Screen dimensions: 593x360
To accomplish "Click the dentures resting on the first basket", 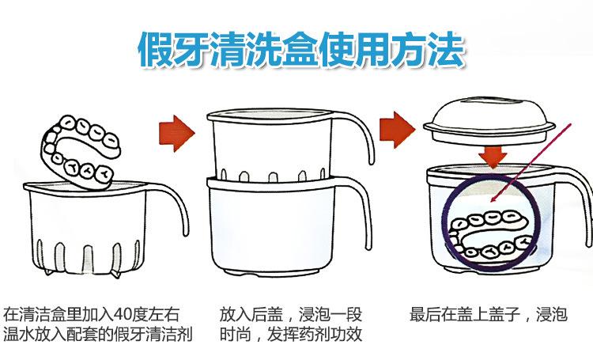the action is pyautogui.click(x=79, y=146).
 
